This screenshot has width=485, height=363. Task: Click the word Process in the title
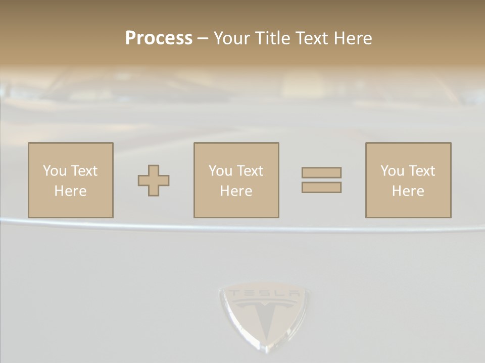coord(159,38)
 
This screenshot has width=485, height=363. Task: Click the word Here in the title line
coord(353,38)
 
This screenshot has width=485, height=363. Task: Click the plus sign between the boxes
coord(154,180)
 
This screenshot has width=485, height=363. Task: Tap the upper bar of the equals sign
coord(321,172)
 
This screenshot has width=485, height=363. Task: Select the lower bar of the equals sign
coord(321,188)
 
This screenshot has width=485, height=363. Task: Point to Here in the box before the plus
coord(70,191)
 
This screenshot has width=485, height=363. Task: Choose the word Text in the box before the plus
coord(83,171)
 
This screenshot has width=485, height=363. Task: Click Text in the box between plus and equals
coord(249,171)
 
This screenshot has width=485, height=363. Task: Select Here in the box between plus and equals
coord(236,191)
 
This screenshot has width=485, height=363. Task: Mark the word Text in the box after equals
coord(421,171)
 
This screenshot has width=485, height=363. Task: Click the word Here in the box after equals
coord(408,191)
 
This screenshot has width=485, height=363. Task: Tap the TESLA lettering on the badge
coord(263,293)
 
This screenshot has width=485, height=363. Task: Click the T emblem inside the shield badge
coord(263,318)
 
